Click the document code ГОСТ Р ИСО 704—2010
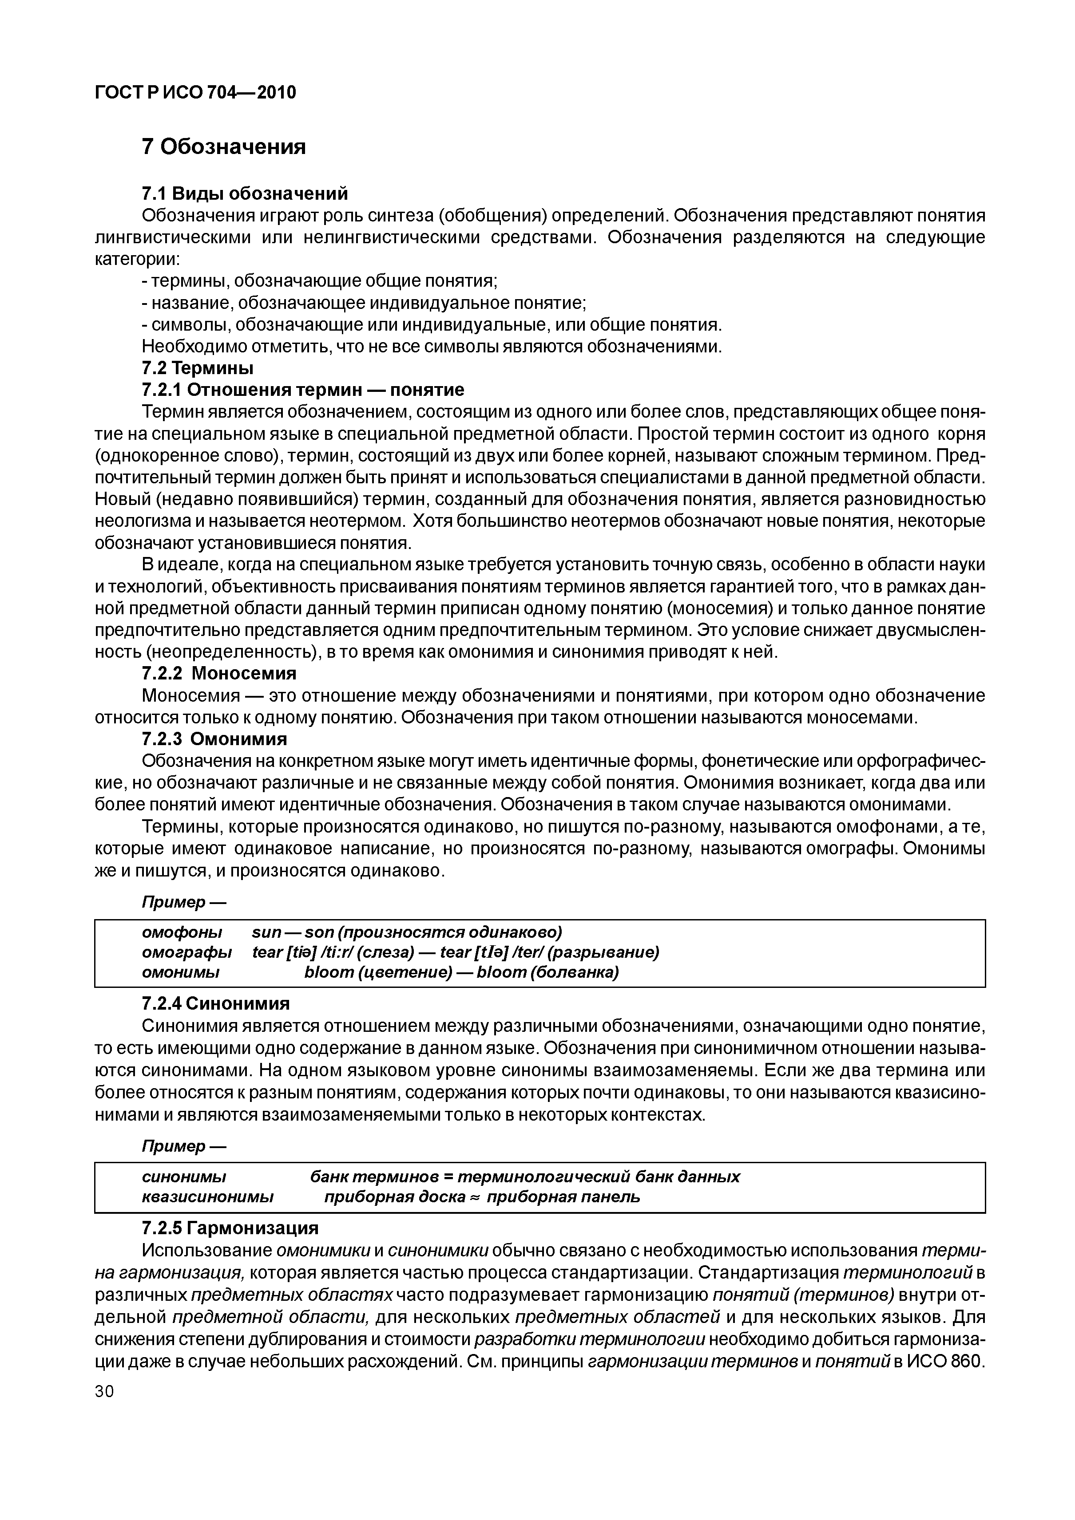[x=195, y=93]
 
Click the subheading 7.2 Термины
[x=198, y=367]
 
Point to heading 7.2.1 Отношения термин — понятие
[x=303, y=389]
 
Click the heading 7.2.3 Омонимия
[x=214, y=739]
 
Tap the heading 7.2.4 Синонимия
[x=215, y=1003]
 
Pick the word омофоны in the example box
[x=182, y=932]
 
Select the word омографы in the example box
[x=187, y=952]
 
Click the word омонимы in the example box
[x=181, y=972]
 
